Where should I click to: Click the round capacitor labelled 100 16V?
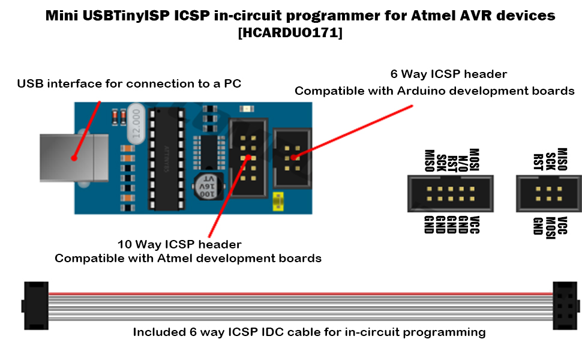pos(206,187)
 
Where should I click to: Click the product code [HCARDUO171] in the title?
pos(290,34)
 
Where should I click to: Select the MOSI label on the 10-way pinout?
pos(474,160)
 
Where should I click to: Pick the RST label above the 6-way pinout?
pos(538,161)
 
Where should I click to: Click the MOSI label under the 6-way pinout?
pos(550,227)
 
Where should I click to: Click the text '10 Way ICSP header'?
pos(179,244)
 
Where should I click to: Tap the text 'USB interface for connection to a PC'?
pos(129,83)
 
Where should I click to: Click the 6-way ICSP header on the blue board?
pos(292,157)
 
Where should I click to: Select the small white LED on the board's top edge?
pos(247,109)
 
